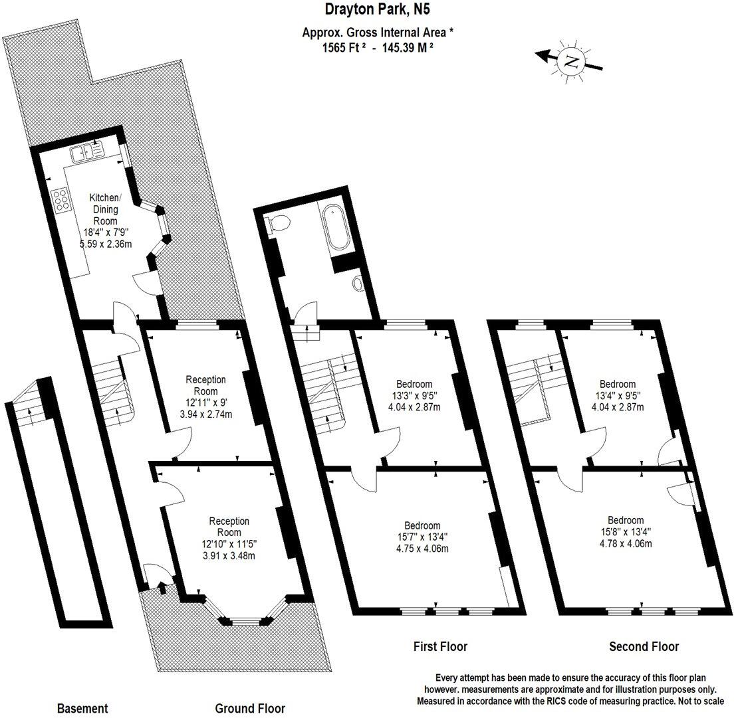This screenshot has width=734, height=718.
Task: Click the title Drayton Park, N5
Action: click(372, 9)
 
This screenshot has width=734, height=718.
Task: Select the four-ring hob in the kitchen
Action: click(62, 201)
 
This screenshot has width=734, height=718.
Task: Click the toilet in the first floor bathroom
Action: click(275, 223)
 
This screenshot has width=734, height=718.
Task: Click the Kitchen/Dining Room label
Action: click(105, 209)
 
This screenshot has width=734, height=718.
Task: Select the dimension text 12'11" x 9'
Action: click(205, 403)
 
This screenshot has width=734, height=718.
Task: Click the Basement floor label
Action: click(82, 709)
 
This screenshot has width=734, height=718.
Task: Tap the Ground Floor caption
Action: click(249, 709)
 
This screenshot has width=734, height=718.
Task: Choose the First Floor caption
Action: click(440, 646)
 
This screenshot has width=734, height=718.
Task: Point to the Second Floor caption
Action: click(644, 646)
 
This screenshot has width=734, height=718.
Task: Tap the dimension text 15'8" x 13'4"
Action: click(624, 531)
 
